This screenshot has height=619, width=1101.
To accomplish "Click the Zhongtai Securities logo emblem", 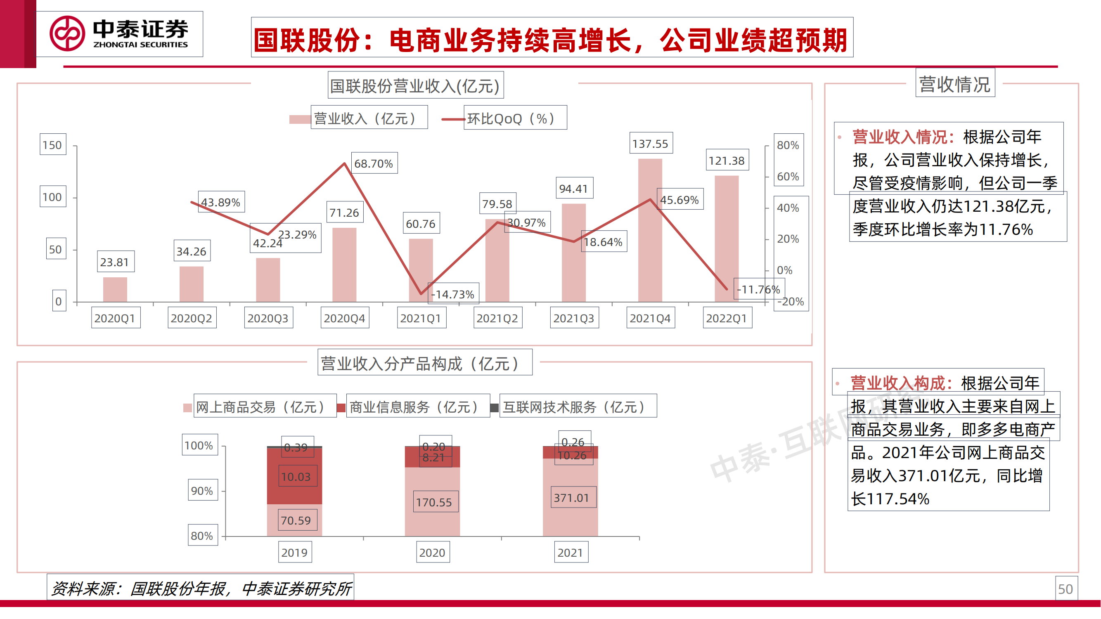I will click(x=67, y=34).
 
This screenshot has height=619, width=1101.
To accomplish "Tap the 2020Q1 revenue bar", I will click(x=115, y=290).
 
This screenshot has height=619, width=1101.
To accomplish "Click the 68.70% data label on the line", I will click(x=374, y=163).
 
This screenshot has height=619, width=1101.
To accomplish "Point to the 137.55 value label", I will click(x=651, y=144).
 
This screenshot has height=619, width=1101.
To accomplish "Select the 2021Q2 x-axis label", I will click(x=497, y=318).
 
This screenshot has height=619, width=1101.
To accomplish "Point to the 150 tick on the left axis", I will click(x=52, y=145).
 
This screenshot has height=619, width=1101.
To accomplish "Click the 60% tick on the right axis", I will click(x=788, y=177).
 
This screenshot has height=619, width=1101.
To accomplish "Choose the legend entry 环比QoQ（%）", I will click(x=511, y=118).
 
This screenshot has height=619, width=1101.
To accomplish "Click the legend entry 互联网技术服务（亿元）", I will click(x=574, y=407).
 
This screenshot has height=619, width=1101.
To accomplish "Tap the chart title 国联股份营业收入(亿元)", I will click(x=415, y=86).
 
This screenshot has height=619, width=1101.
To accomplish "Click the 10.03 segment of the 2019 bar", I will click(x=296, y=477).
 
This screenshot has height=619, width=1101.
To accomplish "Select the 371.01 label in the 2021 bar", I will click(x=572, y=498).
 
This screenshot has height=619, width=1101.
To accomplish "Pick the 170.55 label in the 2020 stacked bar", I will click(x=434, y=502).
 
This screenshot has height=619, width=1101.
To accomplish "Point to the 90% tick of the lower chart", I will click(x=202, y=490).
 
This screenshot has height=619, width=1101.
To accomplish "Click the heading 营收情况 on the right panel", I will click(x=954, y=84).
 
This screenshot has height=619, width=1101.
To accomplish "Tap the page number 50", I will click(x=1065, y=589).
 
